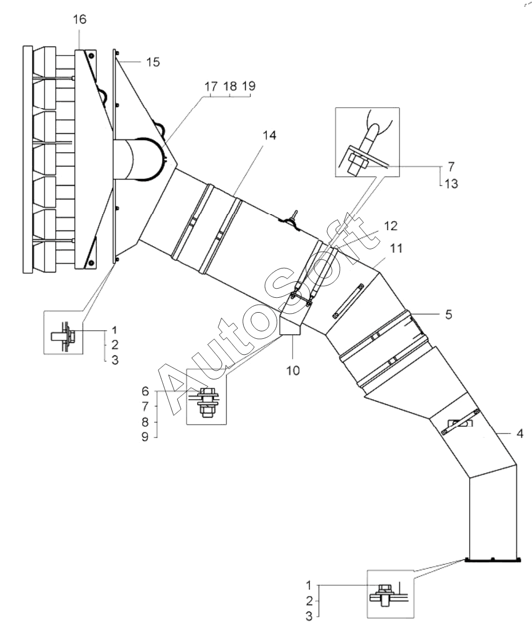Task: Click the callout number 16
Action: pyautogui.click(x=80, y=19)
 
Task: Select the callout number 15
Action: pyautogui.click(x=153, y=62)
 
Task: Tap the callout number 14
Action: pyautogui.click(x=269, y=135)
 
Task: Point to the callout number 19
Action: pyautogui.click(x=249, y=86)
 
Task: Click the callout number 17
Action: pyautogui.click(x=211, y=86)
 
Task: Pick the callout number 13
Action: pyautogui.click(x=451, y=184)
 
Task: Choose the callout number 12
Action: pyautogui.click(x=390, y=226)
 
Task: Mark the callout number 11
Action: pyautogui.click(x=396, y=248)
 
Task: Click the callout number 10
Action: pyautogui.click(x=293, y=371)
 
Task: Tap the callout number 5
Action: pyautogui.click(x=448, y=314)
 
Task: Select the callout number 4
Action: pyautogui.click(x=519, y=434)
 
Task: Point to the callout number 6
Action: pyautogui.click(x=145, y=390)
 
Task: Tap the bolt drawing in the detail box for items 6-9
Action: pyautogui.click(x=206, y=402)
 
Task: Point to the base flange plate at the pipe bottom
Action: pyautogui.click(x=493, y=560)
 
